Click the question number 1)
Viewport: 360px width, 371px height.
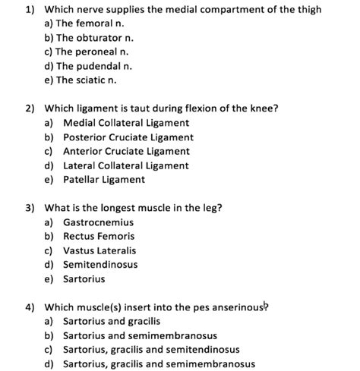[31, 10]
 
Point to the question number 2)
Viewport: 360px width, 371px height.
[31, 108]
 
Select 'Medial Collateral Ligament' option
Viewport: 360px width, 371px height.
[125, 123]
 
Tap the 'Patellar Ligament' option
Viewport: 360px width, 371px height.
[103, 180]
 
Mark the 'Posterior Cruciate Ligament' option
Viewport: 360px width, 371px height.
[128, 137]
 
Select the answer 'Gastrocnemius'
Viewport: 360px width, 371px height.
[98, 222]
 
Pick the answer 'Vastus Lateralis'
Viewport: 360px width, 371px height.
[100, 250]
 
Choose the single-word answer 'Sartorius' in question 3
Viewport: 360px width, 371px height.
[84, 279]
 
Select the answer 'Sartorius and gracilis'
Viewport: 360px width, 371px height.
[115, 322]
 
